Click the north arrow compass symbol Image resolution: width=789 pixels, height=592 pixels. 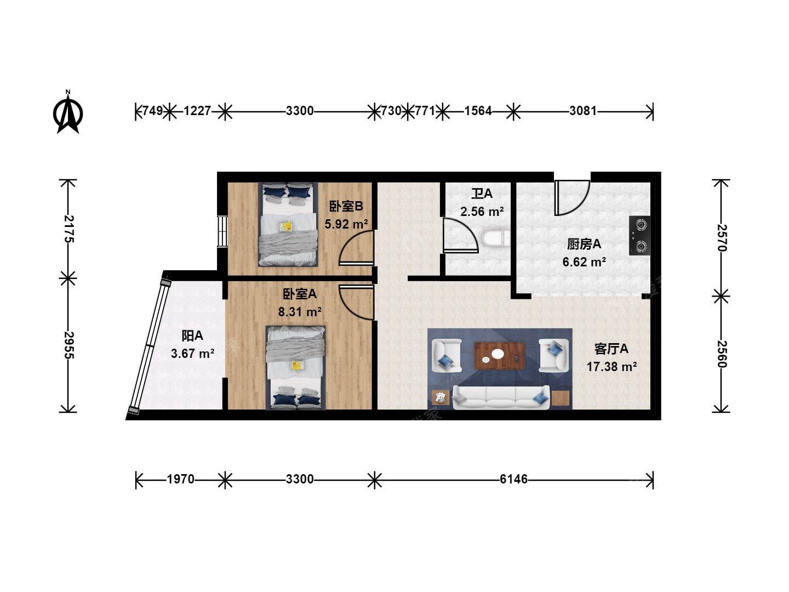[68, 112]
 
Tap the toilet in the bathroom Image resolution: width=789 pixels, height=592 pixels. [495, 238]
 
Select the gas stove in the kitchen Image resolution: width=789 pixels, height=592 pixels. [639, 236]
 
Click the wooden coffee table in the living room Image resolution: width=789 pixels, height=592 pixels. [499, 356]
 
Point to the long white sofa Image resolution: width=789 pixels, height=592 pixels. [501, 397]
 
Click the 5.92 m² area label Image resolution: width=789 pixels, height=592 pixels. [346, 224]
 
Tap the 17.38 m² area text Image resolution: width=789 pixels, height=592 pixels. [612, 367]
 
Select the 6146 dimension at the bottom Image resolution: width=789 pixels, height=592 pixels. [513, 479]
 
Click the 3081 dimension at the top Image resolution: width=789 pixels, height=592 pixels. [582, 111]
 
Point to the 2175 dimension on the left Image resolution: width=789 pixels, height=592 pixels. [68, 229]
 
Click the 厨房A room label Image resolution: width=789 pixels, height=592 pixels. [584, 244]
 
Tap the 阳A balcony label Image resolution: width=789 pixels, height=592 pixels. [192, 335]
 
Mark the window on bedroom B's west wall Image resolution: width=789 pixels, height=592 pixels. [222, 231]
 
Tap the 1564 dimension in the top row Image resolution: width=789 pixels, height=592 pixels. [478, 111]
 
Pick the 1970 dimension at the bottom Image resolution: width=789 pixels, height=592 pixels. [180, 479]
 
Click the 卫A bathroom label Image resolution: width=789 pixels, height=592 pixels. [482, 194]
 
